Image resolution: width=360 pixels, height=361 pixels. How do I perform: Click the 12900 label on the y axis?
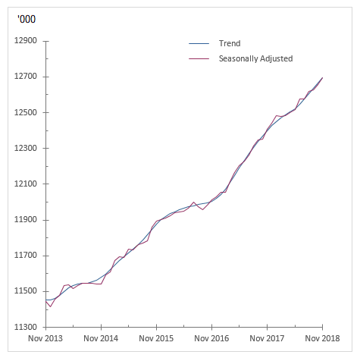(x=26, y=41)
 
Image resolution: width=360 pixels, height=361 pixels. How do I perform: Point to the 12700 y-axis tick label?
(x=26, y=77)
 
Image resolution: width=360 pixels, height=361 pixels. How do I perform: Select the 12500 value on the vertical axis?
(x=26, y=112)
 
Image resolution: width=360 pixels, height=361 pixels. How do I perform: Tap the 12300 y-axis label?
(x=26, y=148)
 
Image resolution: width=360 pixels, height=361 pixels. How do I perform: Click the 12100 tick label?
(x=26, y=184)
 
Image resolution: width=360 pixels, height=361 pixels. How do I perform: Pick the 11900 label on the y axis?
(x=26, y=220)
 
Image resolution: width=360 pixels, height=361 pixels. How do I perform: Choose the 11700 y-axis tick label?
(x=26, y=256)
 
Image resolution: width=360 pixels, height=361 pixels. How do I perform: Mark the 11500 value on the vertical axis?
(x=26, y=291)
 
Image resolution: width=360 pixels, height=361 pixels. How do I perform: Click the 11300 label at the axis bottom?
(x=26, y=327)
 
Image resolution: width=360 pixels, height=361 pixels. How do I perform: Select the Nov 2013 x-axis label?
(x=45, y=338)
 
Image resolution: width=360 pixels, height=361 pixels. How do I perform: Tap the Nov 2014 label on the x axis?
(x=101, y=338)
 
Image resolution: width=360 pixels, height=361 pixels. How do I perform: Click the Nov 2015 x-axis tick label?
(x=156, y=338)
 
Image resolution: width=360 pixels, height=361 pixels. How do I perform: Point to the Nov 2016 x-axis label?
(x=211, y=338)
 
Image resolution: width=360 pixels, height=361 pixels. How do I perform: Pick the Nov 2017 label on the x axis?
(x=267, y=338)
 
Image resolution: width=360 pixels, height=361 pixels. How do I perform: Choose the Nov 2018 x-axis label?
(x=322, y=338)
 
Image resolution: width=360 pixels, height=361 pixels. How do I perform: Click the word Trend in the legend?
(x=230, y=44)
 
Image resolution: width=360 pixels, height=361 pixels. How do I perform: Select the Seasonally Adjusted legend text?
(x=255, y=58)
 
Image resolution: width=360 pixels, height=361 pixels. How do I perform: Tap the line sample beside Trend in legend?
(x=198, y=44)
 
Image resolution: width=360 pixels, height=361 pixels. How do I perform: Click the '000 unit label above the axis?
(x=25, y=19)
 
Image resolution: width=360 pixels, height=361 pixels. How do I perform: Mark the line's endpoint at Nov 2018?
(x=322, y=77)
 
